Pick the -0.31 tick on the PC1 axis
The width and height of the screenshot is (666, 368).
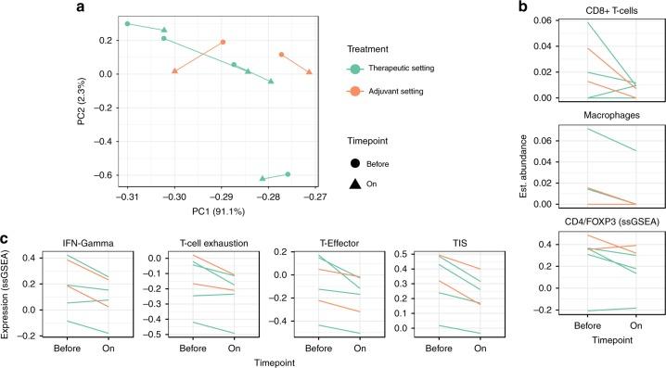coord(127,197)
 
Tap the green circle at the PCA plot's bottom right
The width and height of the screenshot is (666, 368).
coord(288,174)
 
